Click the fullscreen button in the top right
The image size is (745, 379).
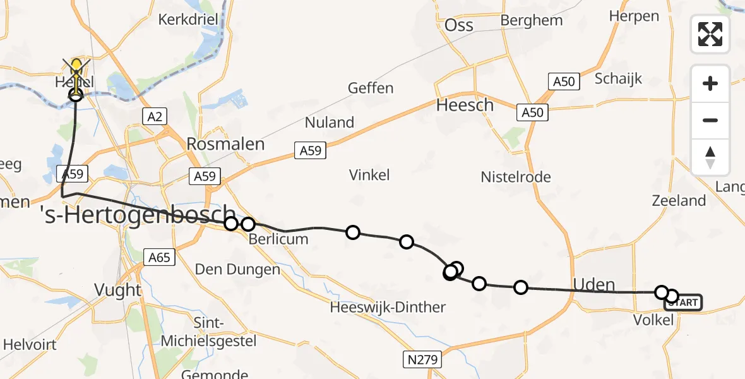coord(710,33)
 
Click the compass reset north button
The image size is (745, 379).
coord(710,157)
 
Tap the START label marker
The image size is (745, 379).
coord(682,303)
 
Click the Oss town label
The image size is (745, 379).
coord(459,25)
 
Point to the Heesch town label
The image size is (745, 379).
coord(465,105)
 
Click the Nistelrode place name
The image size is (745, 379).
coord(516,177)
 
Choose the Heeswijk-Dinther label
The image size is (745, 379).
coord(388,308)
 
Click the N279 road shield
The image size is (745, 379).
coord(422,360)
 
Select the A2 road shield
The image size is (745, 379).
coord(155,116)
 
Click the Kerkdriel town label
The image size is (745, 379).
coord(188,19)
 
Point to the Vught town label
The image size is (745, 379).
coord(117,290)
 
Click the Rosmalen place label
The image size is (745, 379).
coord(225,144)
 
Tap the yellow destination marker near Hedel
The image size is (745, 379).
coord(76,66)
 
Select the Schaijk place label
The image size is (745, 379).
coord(618,78)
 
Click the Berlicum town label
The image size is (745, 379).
coord(278,239)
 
